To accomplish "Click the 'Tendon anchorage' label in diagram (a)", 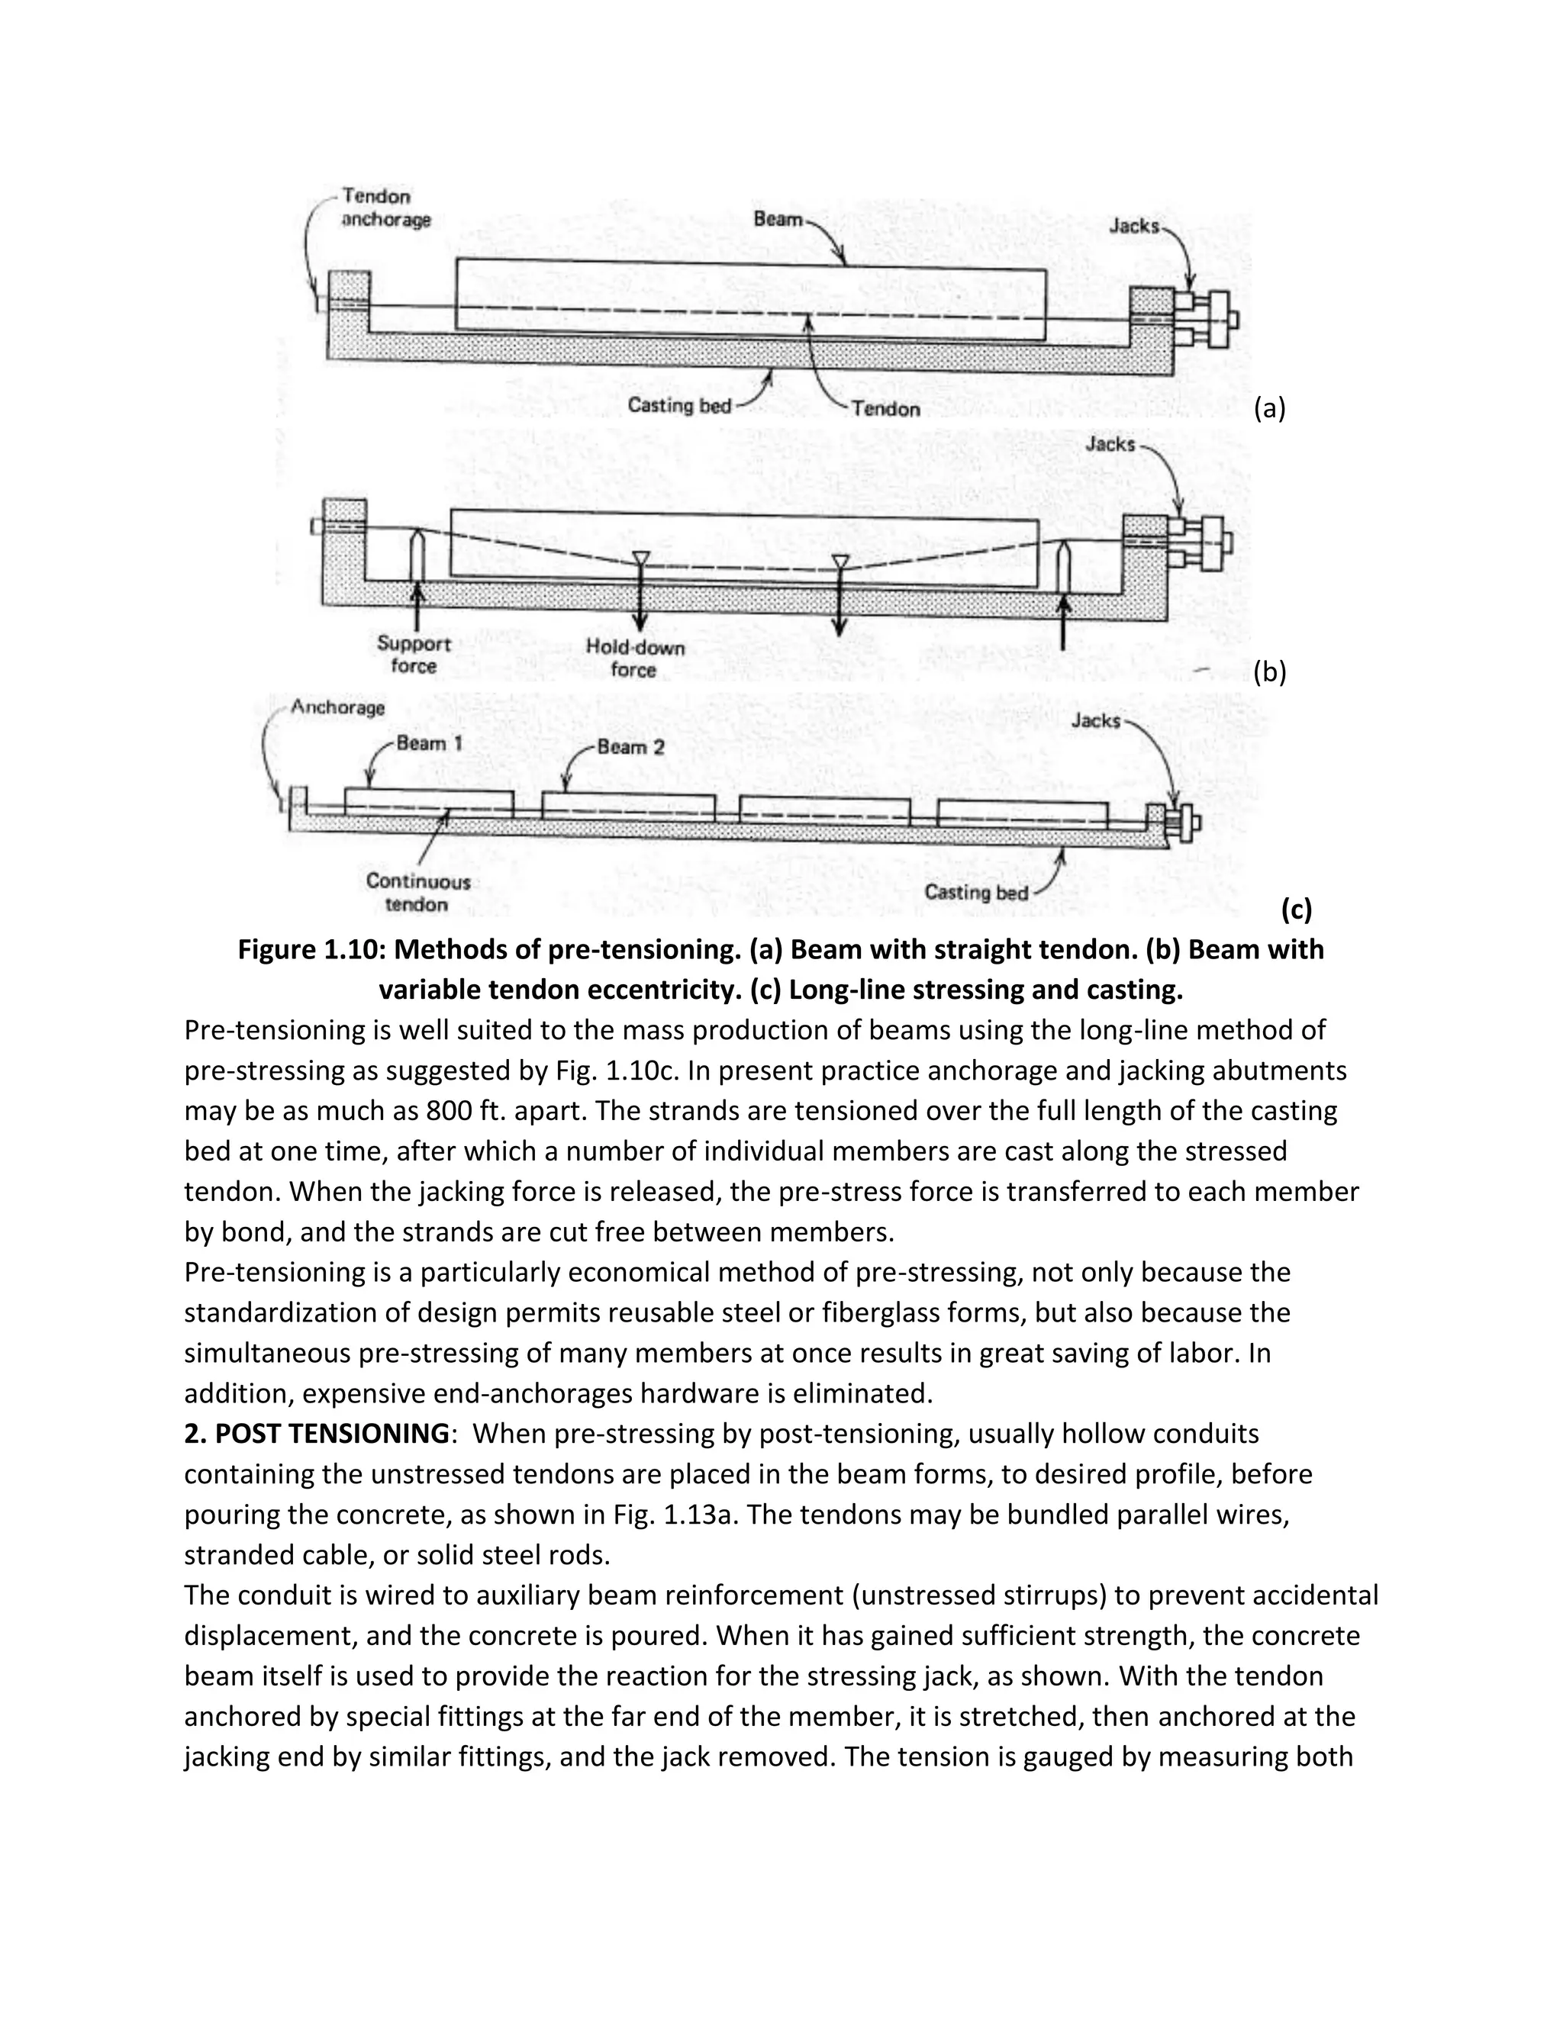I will pos(385,208).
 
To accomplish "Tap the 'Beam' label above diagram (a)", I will pos(777,220).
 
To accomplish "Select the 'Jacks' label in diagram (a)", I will pos(1133,226).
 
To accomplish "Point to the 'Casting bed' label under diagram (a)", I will pos(678,405).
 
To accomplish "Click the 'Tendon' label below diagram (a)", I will pos(885,409).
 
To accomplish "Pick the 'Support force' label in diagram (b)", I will pos(413,655).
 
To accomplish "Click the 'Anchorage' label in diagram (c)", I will pos(337,708).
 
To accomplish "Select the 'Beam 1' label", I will pos(429,743).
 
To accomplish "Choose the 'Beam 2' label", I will pos(630,747).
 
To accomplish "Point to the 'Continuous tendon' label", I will pos(417,893).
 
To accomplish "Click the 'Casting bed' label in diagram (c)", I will pos(976,893).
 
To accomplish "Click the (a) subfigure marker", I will pos(1269,408).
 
